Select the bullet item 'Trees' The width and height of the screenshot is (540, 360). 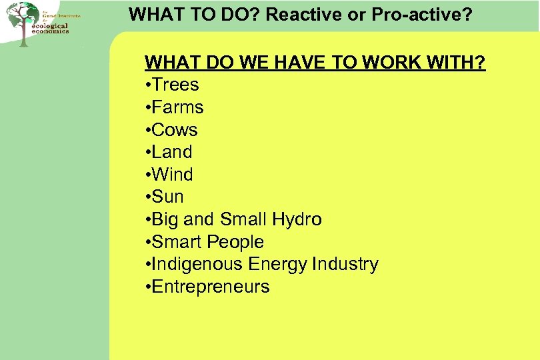pyautogui.click(x=175, y=85)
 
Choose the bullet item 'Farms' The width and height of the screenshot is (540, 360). pyautogui.click(x=177, y=107)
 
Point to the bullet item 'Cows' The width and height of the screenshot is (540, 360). pyautogui.click(x=175, y=130)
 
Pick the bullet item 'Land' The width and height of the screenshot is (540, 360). pyautogui.click(x=172, y=152)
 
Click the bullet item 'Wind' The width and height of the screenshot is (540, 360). pyautogui.click(x=172, y=175)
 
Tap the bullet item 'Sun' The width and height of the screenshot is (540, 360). pyautogui.click(x=167, y=197)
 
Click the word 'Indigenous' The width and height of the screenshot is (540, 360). pyautogui.click(x=197, y=264)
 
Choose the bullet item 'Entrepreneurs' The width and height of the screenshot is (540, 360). pyautogui.click(x=211, y=287)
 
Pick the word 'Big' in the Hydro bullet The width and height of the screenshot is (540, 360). pyautogui.click(x=165, y=219)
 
